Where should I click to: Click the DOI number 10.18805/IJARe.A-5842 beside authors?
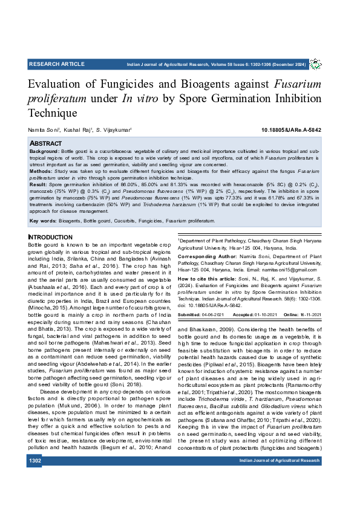(292, 130)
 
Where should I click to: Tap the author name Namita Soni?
(41, 130)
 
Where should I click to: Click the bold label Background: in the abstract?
(45, 151)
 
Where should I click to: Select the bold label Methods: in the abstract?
(41, 171)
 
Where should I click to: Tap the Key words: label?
(44, 221)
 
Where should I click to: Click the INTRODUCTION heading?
(51, 237)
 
